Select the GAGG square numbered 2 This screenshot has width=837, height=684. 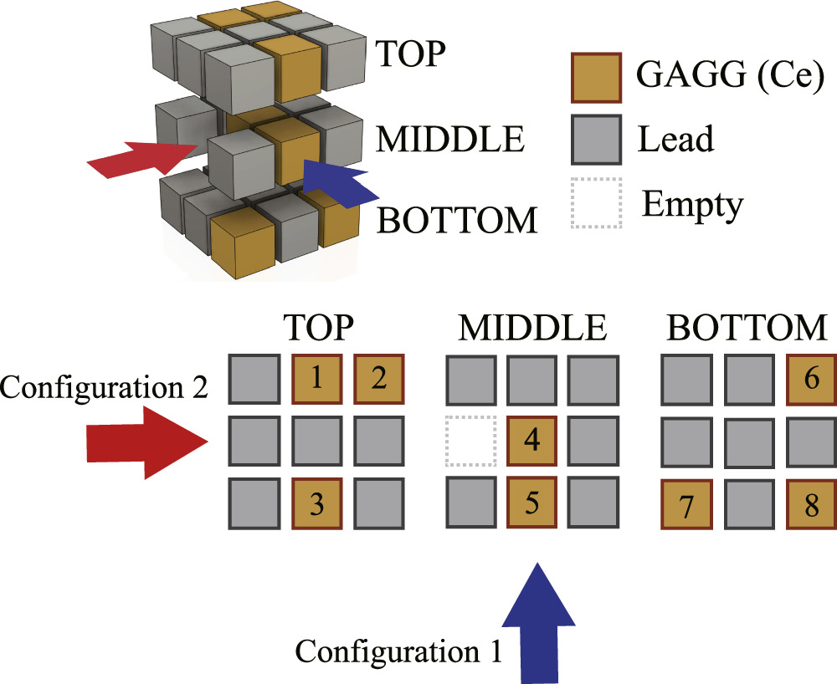pos(379,378)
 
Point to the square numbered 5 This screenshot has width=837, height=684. pos(532,503)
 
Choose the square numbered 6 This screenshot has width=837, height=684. pos(811,378)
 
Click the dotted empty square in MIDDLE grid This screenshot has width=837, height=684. pos(471,441)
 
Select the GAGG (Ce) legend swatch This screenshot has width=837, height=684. pos(596,78)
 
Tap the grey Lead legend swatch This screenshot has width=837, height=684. pos(596,140)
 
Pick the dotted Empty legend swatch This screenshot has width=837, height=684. pos(596,202)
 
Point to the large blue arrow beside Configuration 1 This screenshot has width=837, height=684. pos(539,619)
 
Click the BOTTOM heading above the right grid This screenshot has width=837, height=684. pos(747,329)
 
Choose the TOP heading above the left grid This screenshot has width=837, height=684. pos(316,329)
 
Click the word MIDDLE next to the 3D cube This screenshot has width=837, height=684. pos(450,139)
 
